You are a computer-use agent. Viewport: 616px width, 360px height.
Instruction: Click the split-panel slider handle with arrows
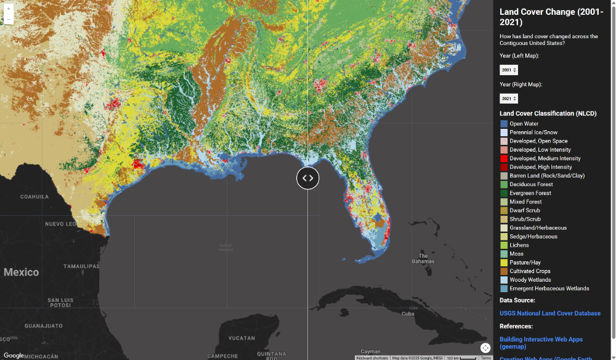[x=308, y=178]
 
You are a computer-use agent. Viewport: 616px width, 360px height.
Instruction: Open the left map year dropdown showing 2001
[x=509, y=70]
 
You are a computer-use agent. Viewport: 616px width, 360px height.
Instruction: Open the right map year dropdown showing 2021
[x=509, y=99]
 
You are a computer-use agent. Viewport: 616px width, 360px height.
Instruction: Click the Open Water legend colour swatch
[x=504, y=124]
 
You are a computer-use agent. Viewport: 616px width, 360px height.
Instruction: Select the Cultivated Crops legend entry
[x=530, y=271]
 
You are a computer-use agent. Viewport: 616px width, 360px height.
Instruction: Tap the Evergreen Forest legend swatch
[x=504, y=193]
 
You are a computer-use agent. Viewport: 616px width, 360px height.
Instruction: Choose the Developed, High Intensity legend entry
[x=540, y=167]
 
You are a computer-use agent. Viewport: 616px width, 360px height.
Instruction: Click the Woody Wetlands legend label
[x=530, y=280]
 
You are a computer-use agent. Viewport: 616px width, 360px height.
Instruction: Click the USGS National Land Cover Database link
[x=549, y=313]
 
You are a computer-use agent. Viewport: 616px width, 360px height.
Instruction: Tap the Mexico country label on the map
[x=21, y=272]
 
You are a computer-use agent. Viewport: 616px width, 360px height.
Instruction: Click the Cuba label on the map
[x=408, y=314]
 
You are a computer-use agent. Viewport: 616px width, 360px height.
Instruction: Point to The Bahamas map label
[x=423, y=258]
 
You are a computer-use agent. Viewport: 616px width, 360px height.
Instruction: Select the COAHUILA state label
[x=34, y=197]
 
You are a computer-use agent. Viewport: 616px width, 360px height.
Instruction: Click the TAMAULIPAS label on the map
[x=81, y=266]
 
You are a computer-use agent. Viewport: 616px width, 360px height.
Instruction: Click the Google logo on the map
[x=14, y=355]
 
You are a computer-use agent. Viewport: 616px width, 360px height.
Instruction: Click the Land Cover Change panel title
[x=551, y=17]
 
